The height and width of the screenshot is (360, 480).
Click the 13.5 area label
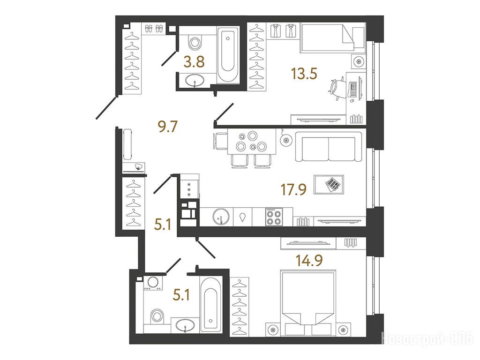[304, 74]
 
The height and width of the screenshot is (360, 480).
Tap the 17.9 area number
[294, 189]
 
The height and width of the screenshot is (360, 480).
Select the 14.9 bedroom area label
[309, 261]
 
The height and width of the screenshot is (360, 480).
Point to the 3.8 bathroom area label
[194, 62]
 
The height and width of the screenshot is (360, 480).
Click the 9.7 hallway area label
[168, 127]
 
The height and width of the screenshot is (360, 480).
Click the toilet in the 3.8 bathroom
[195, 42]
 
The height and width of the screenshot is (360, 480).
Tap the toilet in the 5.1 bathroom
[157, 316]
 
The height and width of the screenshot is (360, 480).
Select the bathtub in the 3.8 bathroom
[228, 54]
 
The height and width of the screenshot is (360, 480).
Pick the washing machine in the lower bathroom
[153, 283]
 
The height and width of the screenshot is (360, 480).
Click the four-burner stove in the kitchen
[273, 217]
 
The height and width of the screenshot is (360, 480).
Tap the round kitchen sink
[221, 217]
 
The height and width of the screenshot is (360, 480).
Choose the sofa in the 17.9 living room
[329, 147]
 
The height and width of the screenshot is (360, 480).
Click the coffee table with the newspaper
[329, 184]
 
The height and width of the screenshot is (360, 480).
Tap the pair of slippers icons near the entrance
[154, 29]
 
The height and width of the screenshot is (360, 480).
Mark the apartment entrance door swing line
[106, 107]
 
